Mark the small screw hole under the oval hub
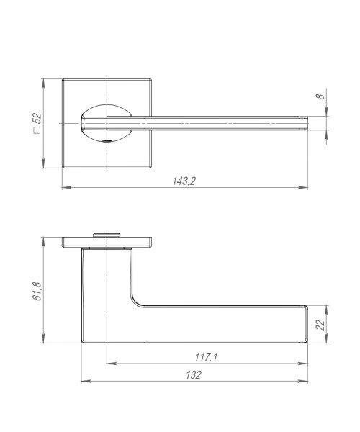click(x=107, y=141)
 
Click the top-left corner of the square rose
click(x=62, y=79)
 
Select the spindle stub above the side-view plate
click(x=107, y=233)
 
